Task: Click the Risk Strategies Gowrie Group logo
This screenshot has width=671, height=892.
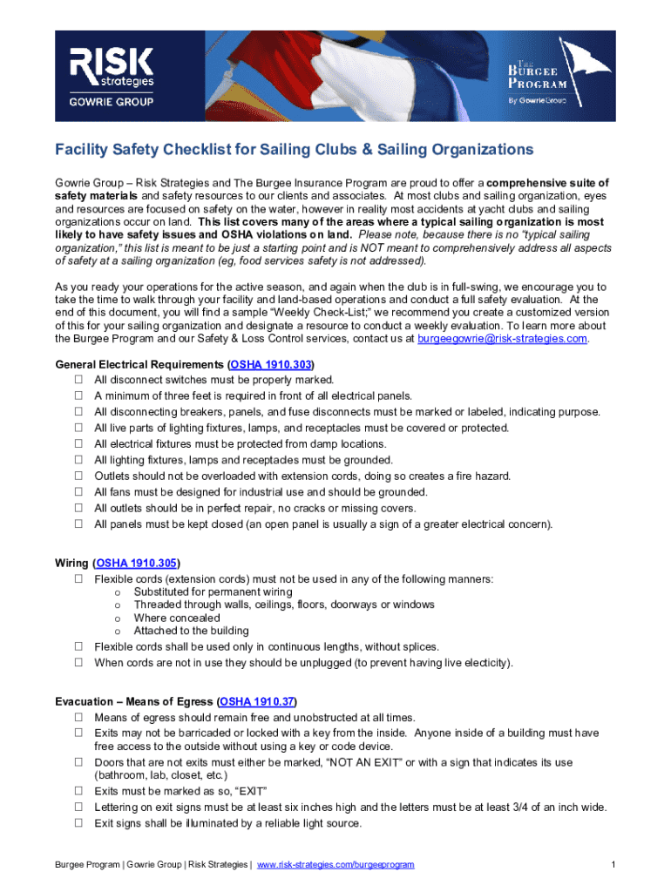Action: tap(112, 77)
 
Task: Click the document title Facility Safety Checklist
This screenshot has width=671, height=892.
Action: tap(295, 150)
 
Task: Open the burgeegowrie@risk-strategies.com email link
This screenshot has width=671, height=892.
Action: tap(503, 338)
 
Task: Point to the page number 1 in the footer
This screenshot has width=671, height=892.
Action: tap(613, 864)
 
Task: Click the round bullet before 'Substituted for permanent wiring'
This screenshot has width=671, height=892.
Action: tap(117, 592)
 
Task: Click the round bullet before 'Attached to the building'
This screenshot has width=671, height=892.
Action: tap(117, 631)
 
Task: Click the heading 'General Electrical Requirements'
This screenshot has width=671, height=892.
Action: tap(139, 364)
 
